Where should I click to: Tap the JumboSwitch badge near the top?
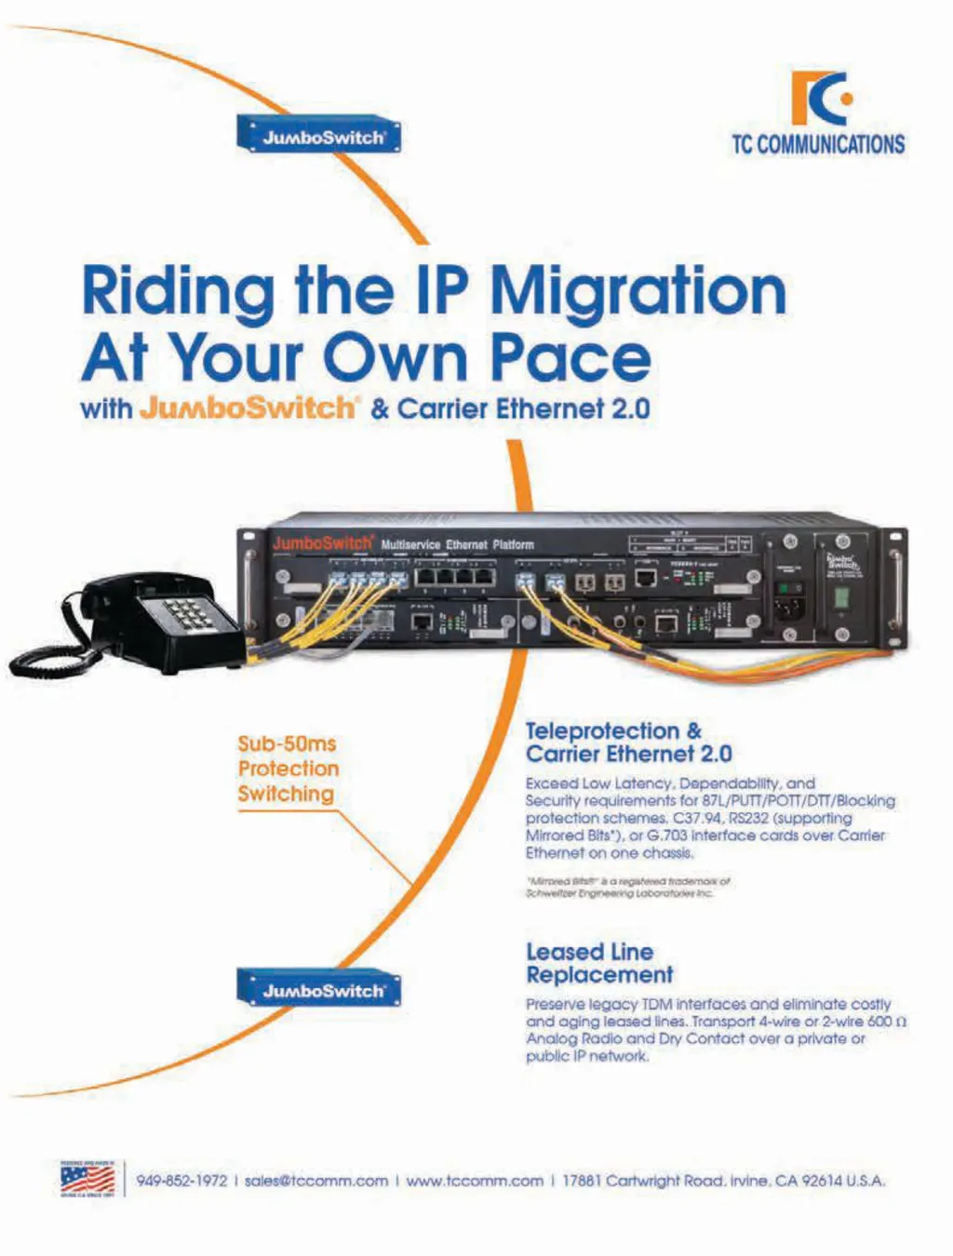pos(319,136)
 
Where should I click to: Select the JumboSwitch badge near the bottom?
pos(319,990)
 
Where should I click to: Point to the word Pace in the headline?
pos(570,357)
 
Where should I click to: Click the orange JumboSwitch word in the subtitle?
pos(248,408)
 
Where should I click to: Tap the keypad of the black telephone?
pos(184,615)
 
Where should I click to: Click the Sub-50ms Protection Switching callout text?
pos(288,768)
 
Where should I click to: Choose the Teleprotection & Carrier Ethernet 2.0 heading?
pos(628,742)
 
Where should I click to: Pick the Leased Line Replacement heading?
pos(598,963)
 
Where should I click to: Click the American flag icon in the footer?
pos(87,1180)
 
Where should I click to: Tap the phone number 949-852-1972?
pos(181,1181)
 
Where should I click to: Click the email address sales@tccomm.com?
pos(315,1181)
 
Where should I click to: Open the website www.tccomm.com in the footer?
pos(475,1181)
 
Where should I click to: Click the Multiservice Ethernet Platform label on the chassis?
pos(457,544)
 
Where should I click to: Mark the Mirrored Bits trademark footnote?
pos(627,887)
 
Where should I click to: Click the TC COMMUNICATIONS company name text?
pos(818,145)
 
